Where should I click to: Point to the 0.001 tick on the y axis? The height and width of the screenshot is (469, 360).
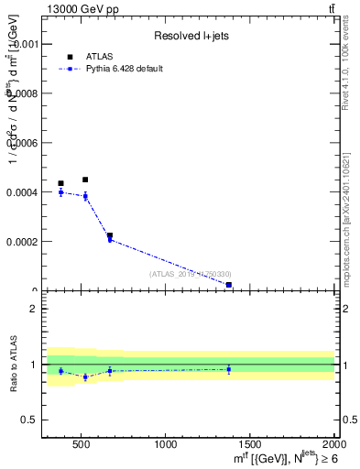pyautogui.click(x=24, y=43)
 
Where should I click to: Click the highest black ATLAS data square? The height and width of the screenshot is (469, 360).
pyautogui.click(x=85, y=180)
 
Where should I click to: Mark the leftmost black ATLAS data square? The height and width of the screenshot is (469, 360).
pyautogui.click(x=61, y=183)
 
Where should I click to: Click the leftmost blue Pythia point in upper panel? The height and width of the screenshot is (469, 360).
pyautogui.click(x=61, y=192)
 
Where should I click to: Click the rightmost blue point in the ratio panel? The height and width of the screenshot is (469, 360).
pyautogui.click(x=228, y=369)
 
